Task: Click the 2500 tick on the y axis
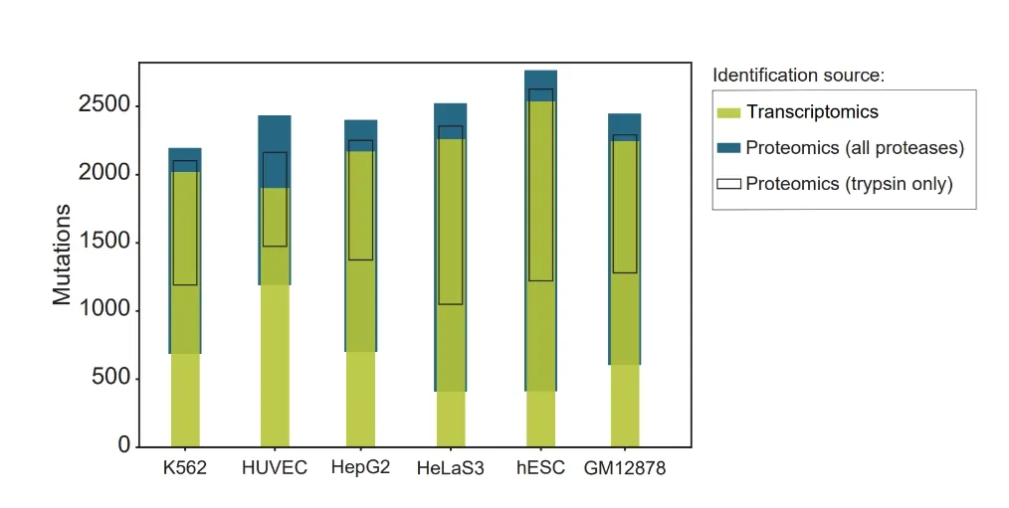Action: [103, 106]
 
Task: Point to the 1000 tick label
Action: [103, 310]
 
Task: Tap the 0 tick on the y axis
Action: [124, 445]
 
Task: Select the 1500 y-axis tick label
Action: [103, 243]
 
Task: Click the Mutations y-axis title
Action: [62, 254]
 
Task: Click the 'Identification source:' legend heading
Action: [798, 76]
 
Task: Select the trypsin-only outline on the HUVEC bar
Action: [275, 199]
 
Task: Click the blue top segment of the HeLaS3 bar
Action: [451, 113]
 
